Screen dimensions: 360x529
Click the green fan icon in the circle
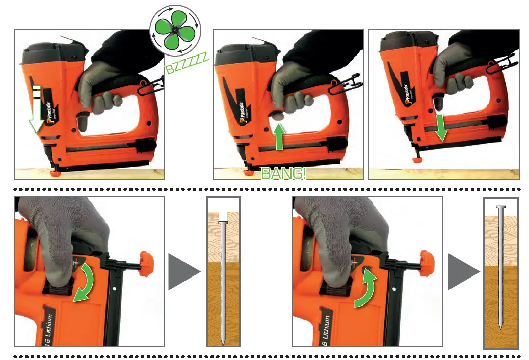175,31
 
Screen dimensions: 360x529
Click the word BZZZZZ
187,63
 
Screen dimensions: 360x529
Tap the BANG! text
283,173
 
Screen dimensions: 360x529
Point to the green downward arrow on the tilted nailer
441,127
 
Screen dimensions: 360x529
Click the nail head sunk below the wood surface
223,223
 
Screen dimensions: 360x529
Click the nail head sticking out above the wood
501,208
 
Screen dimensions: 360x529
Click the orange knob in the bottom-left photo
145,264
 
